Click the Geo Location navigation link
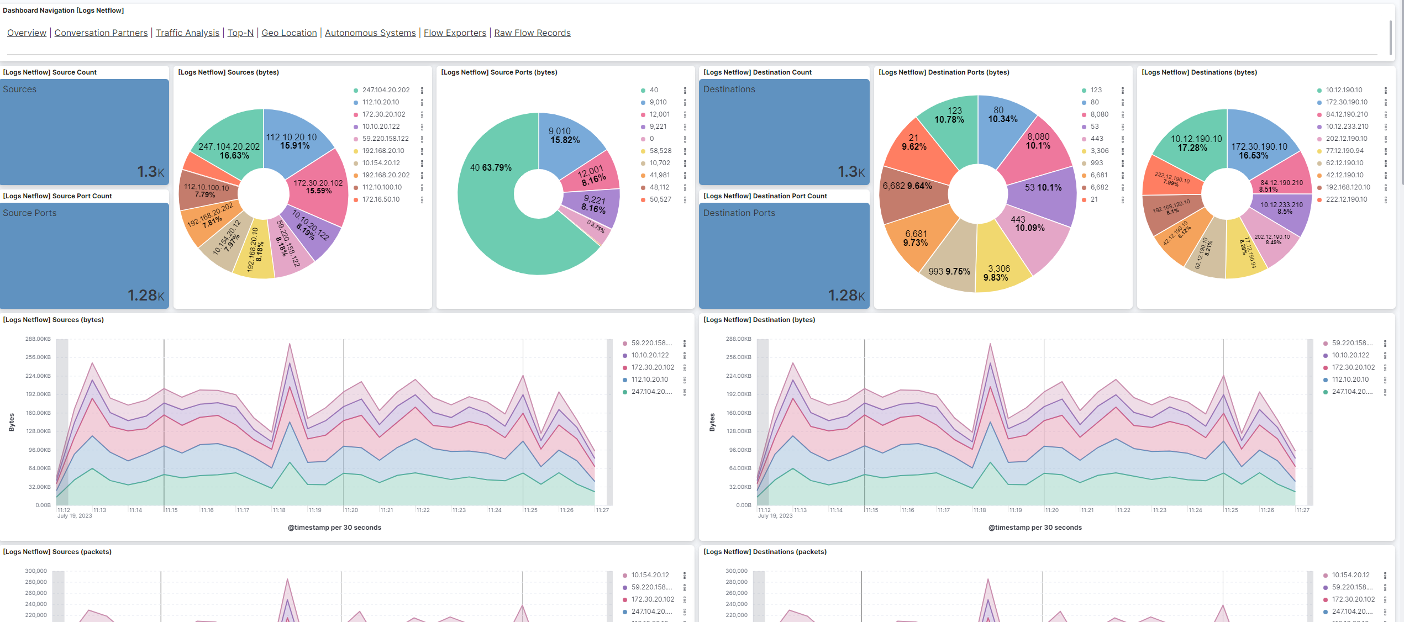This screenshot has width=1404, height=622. pyautogui.click(x=289, y=33)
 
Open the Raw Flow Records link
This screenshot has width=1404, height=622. pyautogui.click(x=532, y=33)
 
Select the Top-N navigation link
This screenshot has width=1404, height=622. pyautogui.click(x=240, y=33)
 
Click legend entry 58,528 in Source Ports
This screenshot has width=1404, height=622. pyautogui.click(x=660, y=151)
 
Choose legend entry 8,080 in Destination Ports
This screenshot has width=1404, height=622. pyautogui.click(x=1099, y=114)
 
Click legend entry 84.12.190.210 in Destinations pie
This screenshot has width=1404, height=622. pyautogui.click(x=1347, y=114)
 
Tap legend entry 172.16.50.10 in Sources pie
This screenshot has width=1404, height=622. pyautogui.click(x=381, y=199)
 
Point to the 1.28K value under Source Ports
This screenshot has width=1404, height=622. pyautogui.click(x=146, y=296)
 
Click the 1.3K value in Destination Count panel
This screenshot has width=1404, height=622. pyautogui.click(x=851, y=172)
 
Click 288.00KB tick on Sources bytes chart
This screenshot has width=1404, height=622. pyautogui.click(x=38, y=339)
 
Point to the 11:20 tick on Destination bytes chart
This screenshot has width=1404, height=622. pyautogui.click(x=1051, y=510)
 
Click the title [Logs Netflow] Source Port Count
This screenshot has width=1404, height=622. pyautogui.click(x=57, y=196)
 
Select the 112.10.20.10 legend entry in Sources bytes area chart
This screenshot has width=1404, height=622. pyautogui.click(x=649, y=379)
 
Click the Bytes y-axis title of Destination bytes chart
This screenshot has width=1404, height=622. pyautogui.click(x=712, y=422)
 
